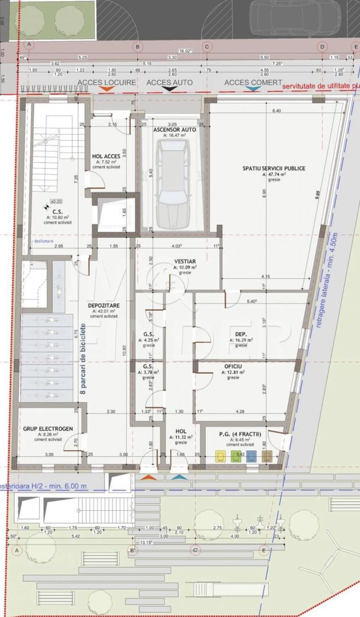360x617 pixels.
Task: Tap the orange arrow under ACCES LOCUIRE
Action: point(106,90)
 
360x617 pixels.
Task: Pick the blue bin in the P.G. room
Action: point(251,456)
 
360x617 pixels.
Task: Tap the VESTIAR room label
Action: point(185,261)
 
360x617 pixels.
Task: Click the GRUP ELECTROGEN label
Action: point(45,428)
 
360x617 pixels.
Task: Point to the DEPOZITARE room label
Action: point(103,305)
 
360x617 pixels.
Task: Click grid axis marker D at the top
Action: point(322,46)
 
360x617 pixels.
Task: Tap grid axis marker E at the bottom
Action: point(263,551)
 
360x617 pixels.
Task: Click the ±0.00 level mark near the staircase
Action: point(56,201)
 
